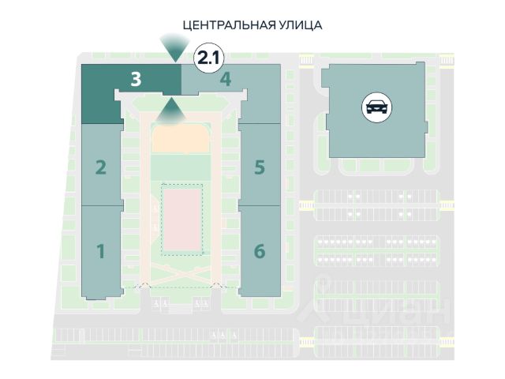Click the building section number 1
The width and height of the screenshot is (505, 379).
click(100, 252)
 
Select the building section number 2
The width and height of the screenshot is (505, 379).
click(100, 167)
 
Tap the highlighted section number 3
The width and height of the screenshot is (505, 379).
click(136, 79)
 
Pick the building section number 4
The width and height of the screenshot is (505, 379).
click(225, 79)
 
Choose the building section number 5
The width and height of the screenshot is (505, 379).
click(259, 167)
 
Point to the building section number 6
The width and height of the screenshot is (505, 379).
click(259, 252)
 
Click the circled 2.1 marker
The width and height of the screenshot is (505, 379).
click(207, 56)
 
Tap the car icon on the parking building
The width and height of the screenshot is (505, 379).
click(376, 106)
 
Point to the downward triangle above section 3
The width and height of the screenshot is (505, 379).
click(170, 47)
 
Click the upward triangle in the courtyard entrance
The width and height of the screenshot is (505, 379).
click(170, 112)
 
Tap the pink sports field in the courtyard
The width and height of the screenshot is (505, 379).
click(182, 218)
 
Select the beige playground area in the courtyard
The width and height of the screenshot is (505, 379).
click(181, 137)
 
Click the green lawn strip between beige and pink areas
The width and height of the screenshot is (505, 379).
click(181, 167)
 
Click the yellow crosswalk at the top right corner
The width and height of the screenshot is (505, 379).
click(447, 60)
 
